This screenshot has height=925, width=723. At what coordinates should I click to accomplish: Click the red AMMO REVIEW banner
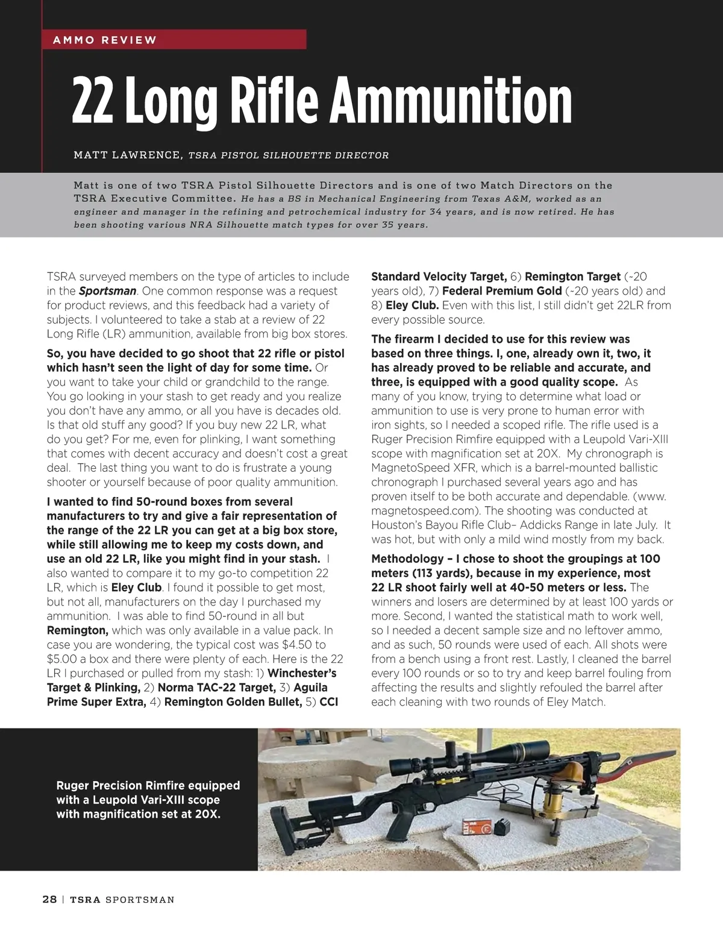[x=174, y=40]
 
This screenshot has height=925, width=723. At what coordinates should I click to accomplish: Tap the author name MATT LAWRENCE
[x=127, y=155]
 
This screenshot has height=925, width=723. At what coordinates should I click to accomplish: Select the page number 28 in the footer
[x=49, y=900]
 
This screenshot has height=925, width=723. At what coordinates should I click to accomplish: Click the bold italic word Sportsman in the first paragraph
[x=107, y=291]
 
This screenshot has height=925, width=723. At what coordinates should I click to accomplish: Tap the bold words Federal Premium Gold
[x=497, y=291]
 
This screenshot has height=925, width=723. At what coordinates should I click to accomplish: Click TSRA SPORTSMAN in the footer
[x=122, y=900]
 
